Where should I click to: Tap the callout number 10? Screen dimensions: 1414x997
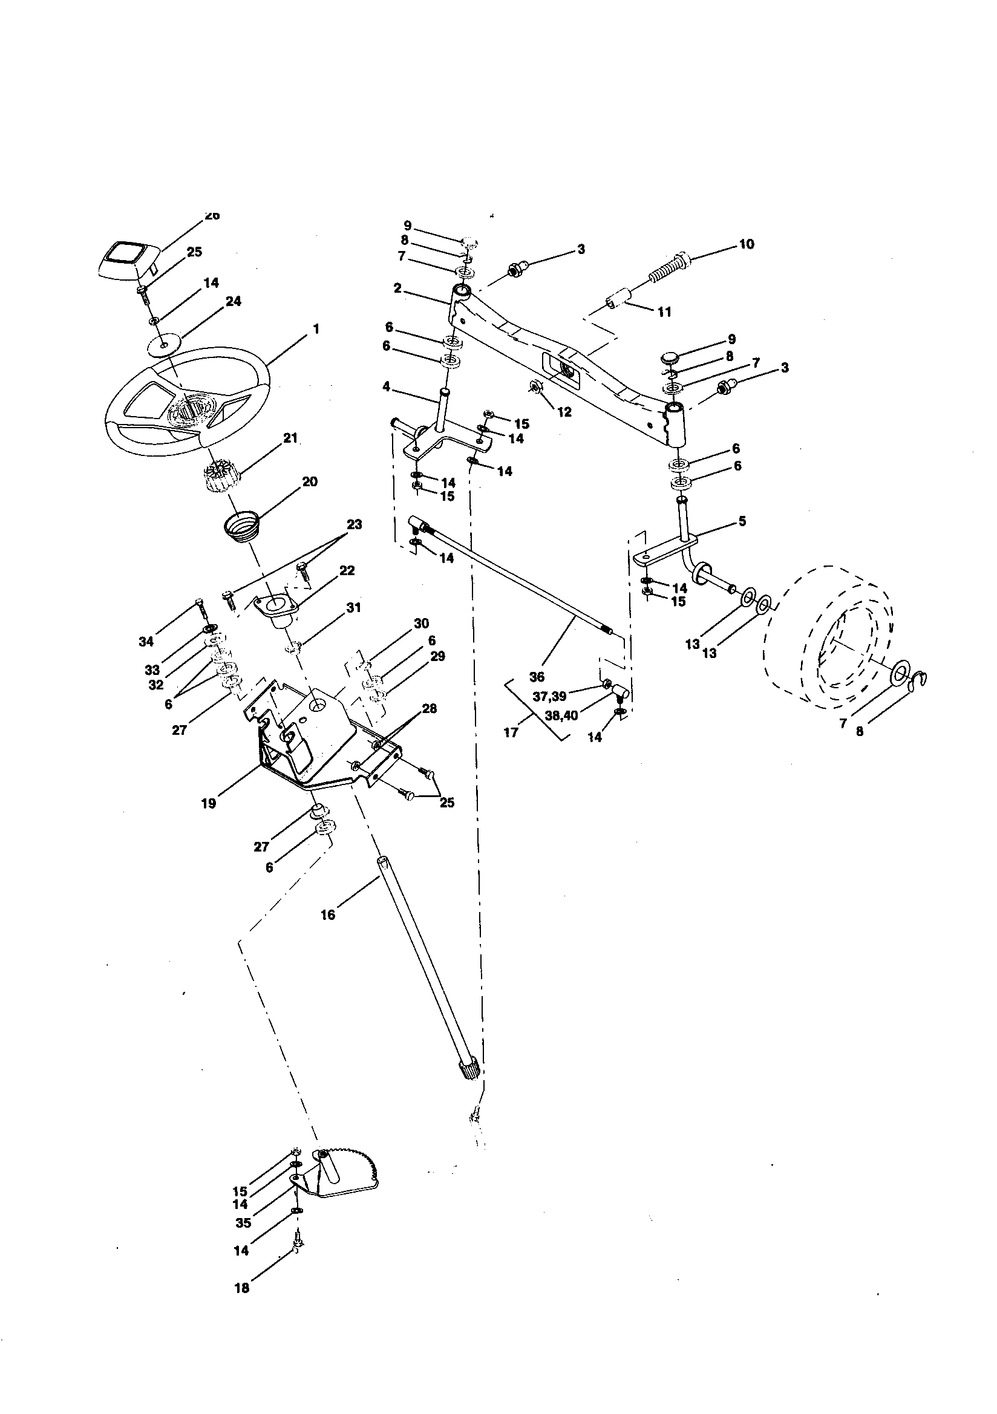pyautogui.click(x=745, y=244)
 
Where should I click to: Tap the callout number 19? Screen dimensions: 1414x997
pyautogui.click(x=208, y=803)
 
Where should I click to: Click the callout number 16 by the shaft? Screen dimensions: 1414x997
pyautogui.click(x=328, y=915)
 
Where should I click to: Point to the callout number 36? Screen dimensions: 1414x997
pyautogui.click(x=537, y=677)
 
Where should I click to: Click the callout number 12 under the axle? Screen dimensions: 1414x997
pyautogui.click(x=564, y=412)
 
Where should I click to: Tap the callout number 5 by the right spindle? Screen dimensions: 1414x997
pyautogui.click(x=742, y=521)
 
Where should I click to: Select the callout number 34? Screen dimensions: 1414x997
pyautogui.click(x=145, y=642)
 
